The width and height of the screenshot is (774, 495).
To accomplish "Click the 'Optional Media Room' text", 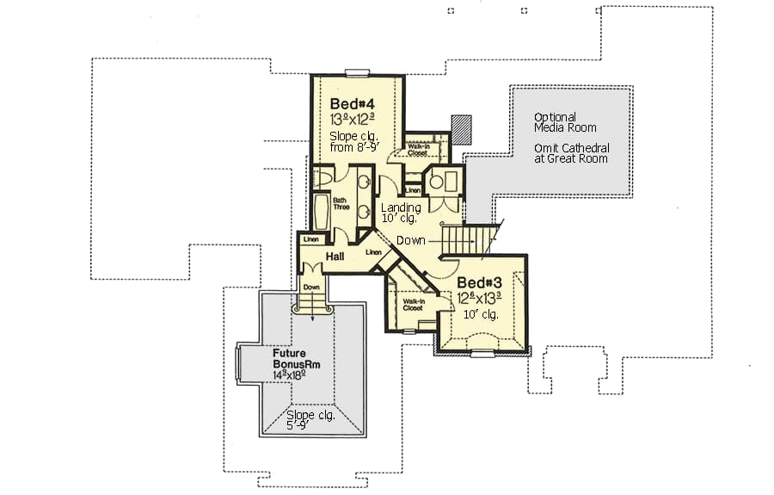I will (564, 122).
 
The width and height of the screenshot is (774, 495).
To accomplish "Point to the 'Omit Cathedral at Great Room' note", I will (570, 152).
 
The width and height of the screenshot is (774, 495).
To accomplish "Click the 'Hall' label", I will (335, 257).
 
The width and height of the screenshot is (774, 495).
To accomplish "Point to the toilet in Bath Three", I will (322, 177).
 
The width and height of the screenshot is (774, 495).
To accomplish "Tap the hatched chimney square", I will (463, 128).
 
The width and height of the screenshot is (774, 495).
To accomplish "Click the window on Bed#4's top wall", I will (356, 73).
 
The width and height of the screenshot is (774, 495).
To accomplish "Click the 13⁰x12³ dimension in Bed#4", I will (353, 119).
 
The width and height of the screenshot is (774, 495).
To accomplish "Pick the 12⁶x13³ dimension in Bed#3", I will (479, 299).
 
